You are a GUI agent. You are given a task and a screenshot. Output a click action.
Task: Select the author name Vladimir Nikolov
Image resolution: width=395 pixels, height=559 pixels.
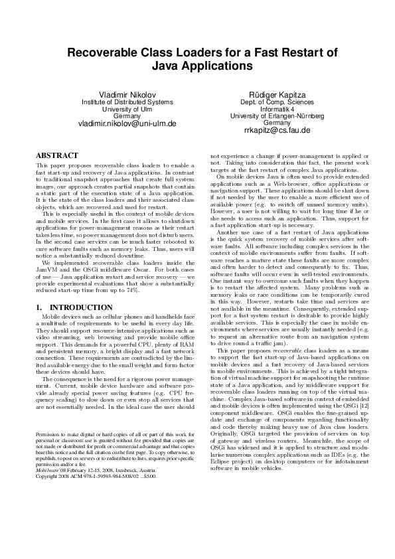tap(127, 94)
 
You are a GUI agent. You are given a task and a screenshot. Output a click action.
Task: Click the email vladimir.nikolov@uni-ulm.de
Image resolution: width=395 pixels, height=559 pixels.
tap(127, 123)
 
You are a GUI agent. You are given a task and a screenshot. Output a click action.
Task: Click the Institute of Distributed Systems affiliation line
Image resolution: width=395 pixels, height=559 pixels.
tap(127, 102)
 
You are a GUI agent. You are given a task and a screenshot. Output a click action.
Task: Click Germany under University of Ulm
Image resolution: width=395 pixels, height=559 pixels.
tap(127, 116)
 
